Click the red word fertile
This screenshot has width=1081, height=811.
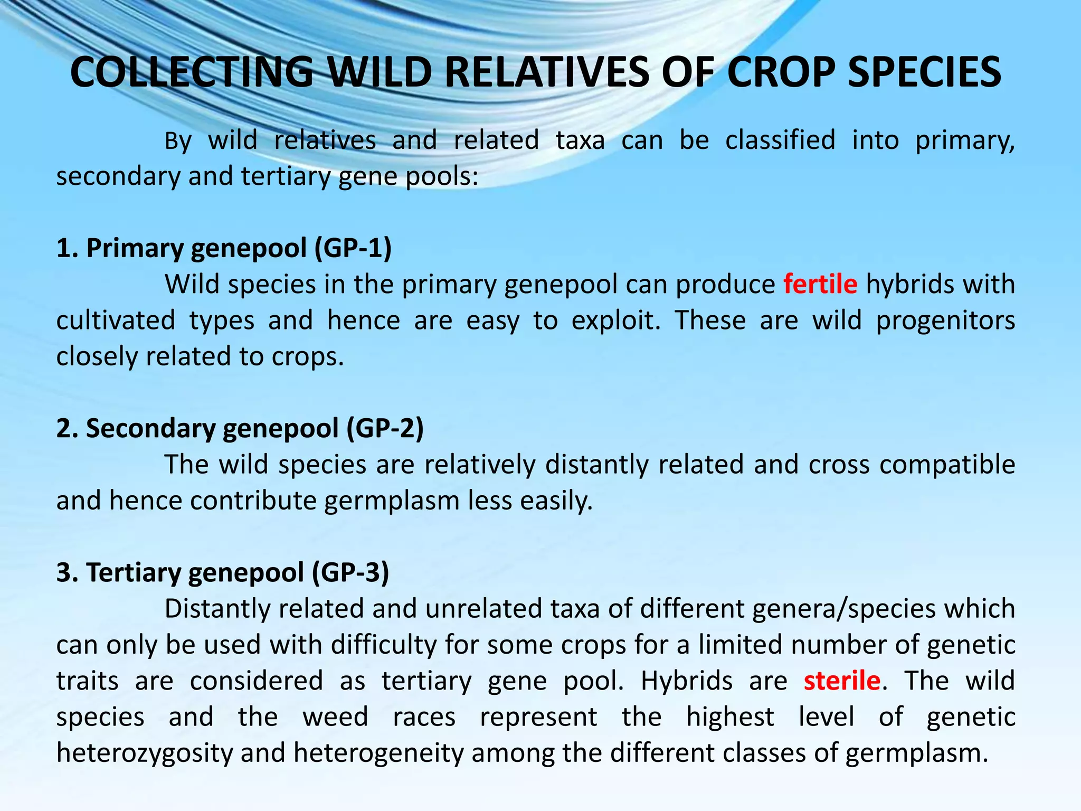pos(820,284)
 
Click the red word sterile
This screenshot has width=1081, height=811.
pos(842,681)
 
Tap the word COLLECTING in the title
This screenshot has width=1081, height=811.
pos(192,72)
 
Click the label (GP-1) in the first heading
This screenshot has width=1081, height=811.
pos(353,248)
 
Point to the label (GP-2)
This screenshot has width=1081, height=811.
pos(385,428)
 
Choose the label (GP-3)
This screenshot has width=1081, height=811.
pos(350,572)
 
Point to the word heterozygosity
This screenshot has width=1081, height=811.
pos(145,753)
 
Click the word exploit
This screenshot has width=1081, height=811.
pos(615,320)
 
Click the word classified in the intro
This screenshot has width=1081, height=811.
pos(780,140)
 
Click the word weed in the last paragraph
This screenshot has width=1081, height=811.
pos(335,717)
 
